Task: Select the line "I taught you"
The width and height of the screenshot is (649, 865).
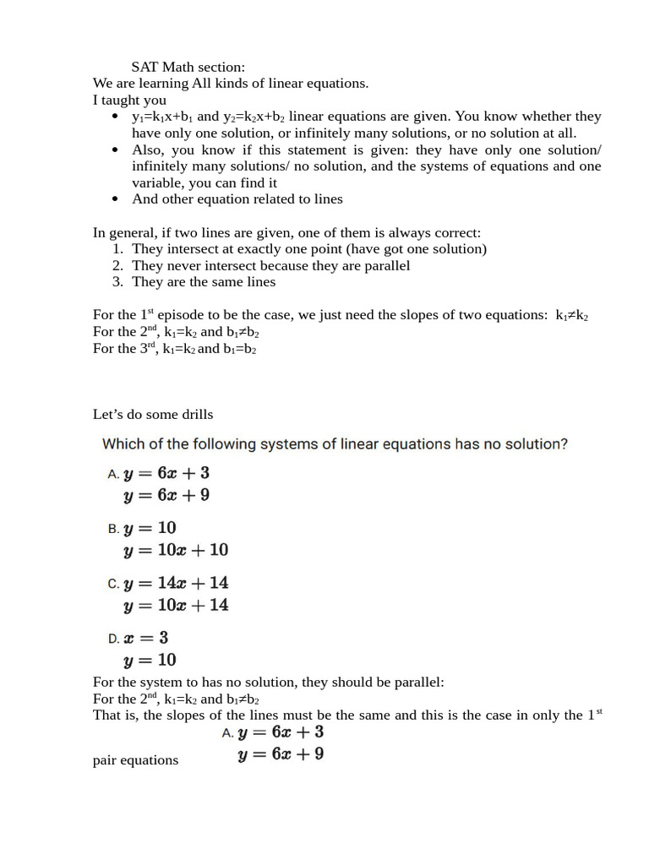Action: click(x=129, y=100)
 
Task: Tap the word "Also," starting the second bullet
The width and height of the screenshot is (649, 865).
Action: click(x=149, y=150)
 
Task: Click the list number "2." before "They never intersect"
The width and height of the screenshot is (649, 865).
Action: click(x=118, y=265)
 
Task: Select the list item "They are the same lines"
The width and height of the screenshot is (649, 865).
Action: click(x=204, y=282)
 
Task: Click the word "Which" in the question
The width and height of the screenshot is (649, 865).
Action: click(x=124, y=443)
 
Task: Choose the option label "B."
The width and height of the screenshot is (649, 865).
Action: click(x=114, y=529)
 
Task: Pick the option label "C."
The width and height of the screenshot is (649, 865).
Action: click(x=114, y=584)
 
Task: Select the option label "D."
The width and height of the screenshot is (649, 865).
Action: click(x=114, y=639)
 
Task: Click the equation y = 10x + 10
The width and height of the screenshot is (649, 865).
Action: click(x=176, y=550)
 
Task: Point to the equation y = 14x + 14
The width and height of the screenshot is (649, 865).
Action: click(x=176, y=583)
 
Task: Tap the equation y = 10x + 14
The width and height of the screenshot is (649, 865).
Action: click(x=176, y=605)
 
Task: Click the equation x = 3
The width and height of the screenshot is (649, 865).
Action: click(x=146, y=638)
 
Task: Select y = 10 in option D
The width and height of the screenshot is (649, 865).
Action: click(x=150, y=660)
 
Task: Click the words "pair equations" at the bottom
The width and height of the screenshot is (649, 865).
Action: click(x=135, y=760)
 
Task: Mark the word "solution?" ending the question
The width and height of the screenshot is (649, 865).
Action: click(x=534, y=443)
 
